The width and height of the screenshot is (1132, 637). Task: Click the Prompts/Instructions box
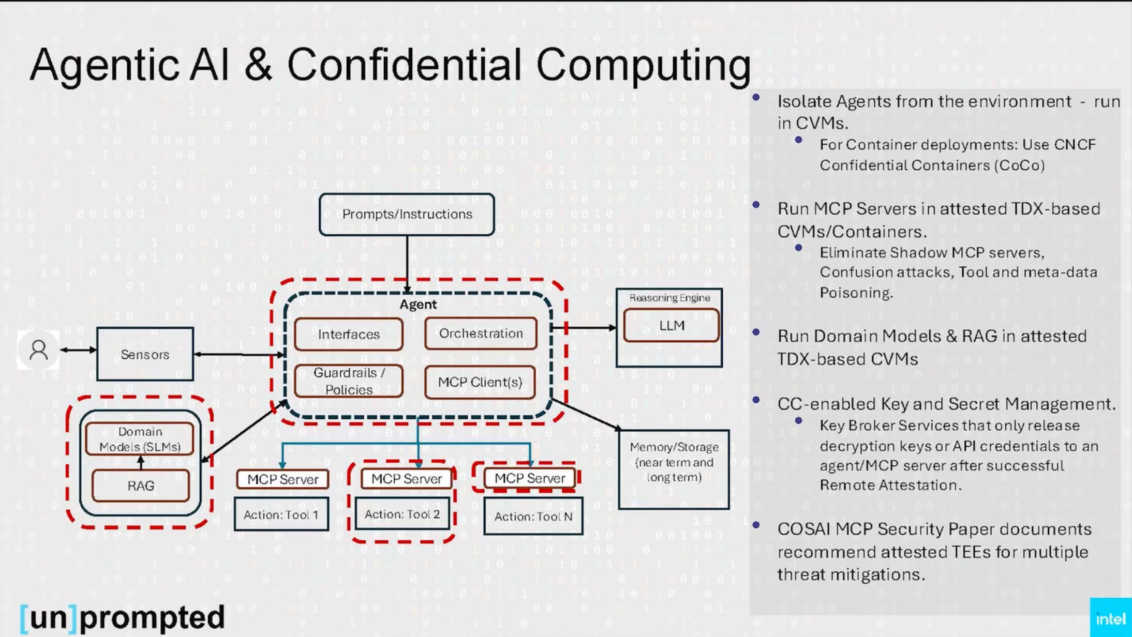pyautogui.click(x=407, y=214)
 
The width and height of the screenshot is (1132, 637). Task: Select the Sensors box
pyautogui.click(x=145, y=354)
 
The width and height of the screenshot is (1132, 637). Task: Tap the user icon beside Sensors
pyautogui.click(x=38, y=350)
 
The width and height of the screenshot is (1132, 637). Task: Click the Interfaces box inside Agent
pyautogui.click(x=349, y=335)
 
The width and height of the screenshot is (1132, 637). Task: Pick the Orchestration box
pyautogui.click(x=481, y=333)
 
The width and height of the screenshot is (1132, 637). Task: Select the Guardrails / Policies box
pyautogui.click(x=349, y=381)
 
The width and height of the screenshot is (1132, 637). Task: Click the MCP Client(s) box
pyautogui.click(x=480, y=382)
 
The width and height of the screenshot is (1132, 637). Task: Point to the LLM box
pyautogui.click(x=671, y=325)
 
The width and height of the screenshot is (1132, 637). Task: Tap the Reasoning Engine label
pyautogui.click(x=669, y=298)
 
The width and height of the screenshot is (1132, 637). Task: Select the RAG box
pyautogui.click(x=141, y=486)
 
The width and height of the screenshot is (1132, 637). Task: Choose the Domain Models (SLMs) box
pyautogui.click(x=140, y=439)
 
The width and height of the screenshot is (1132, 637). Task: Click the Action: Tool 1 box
pyautogui.click(x=281, y=514)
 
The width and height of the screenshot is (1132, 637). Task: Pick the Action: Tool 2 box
pyautogui.click(x=402, y=514)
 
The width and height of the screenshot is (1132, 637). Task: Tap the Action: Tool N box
pyautogui.click(x=533, y=516)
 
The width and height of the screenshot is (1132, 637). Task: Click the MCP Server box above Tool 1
pyautogui.click(x=282, y=479)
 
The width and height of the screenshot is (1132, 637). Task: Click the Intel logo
pyautogui.click(x=1110, y=619)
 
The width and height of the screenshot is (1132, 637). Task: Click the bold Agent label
pyautogui.click(x=418, y=304)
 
